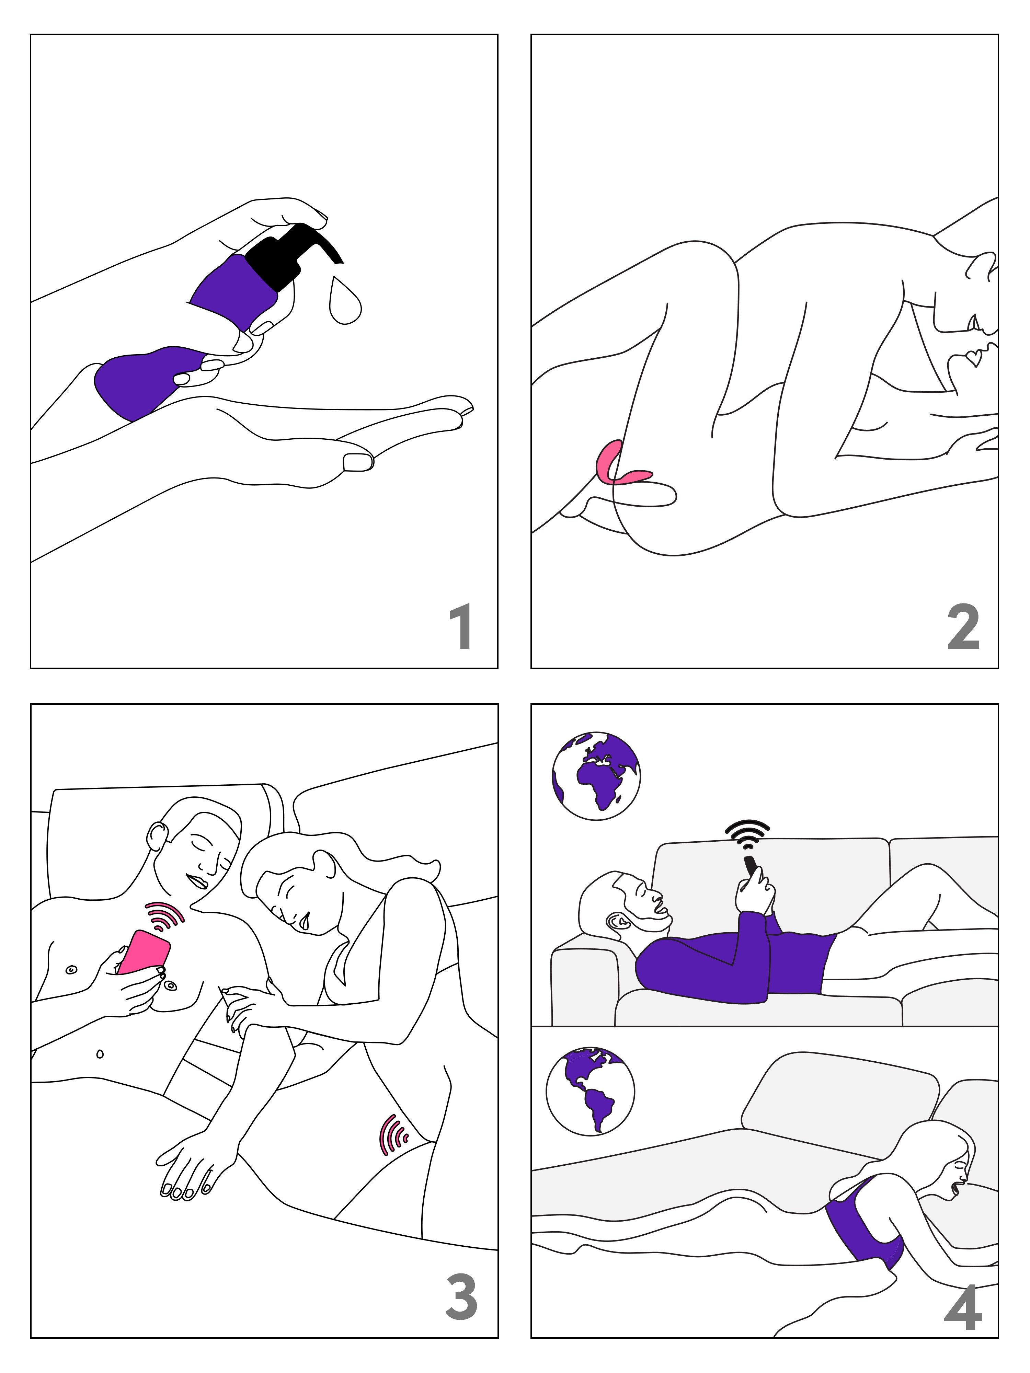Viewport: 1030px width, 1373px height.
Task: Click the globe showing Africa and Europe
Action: [596, 776]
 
